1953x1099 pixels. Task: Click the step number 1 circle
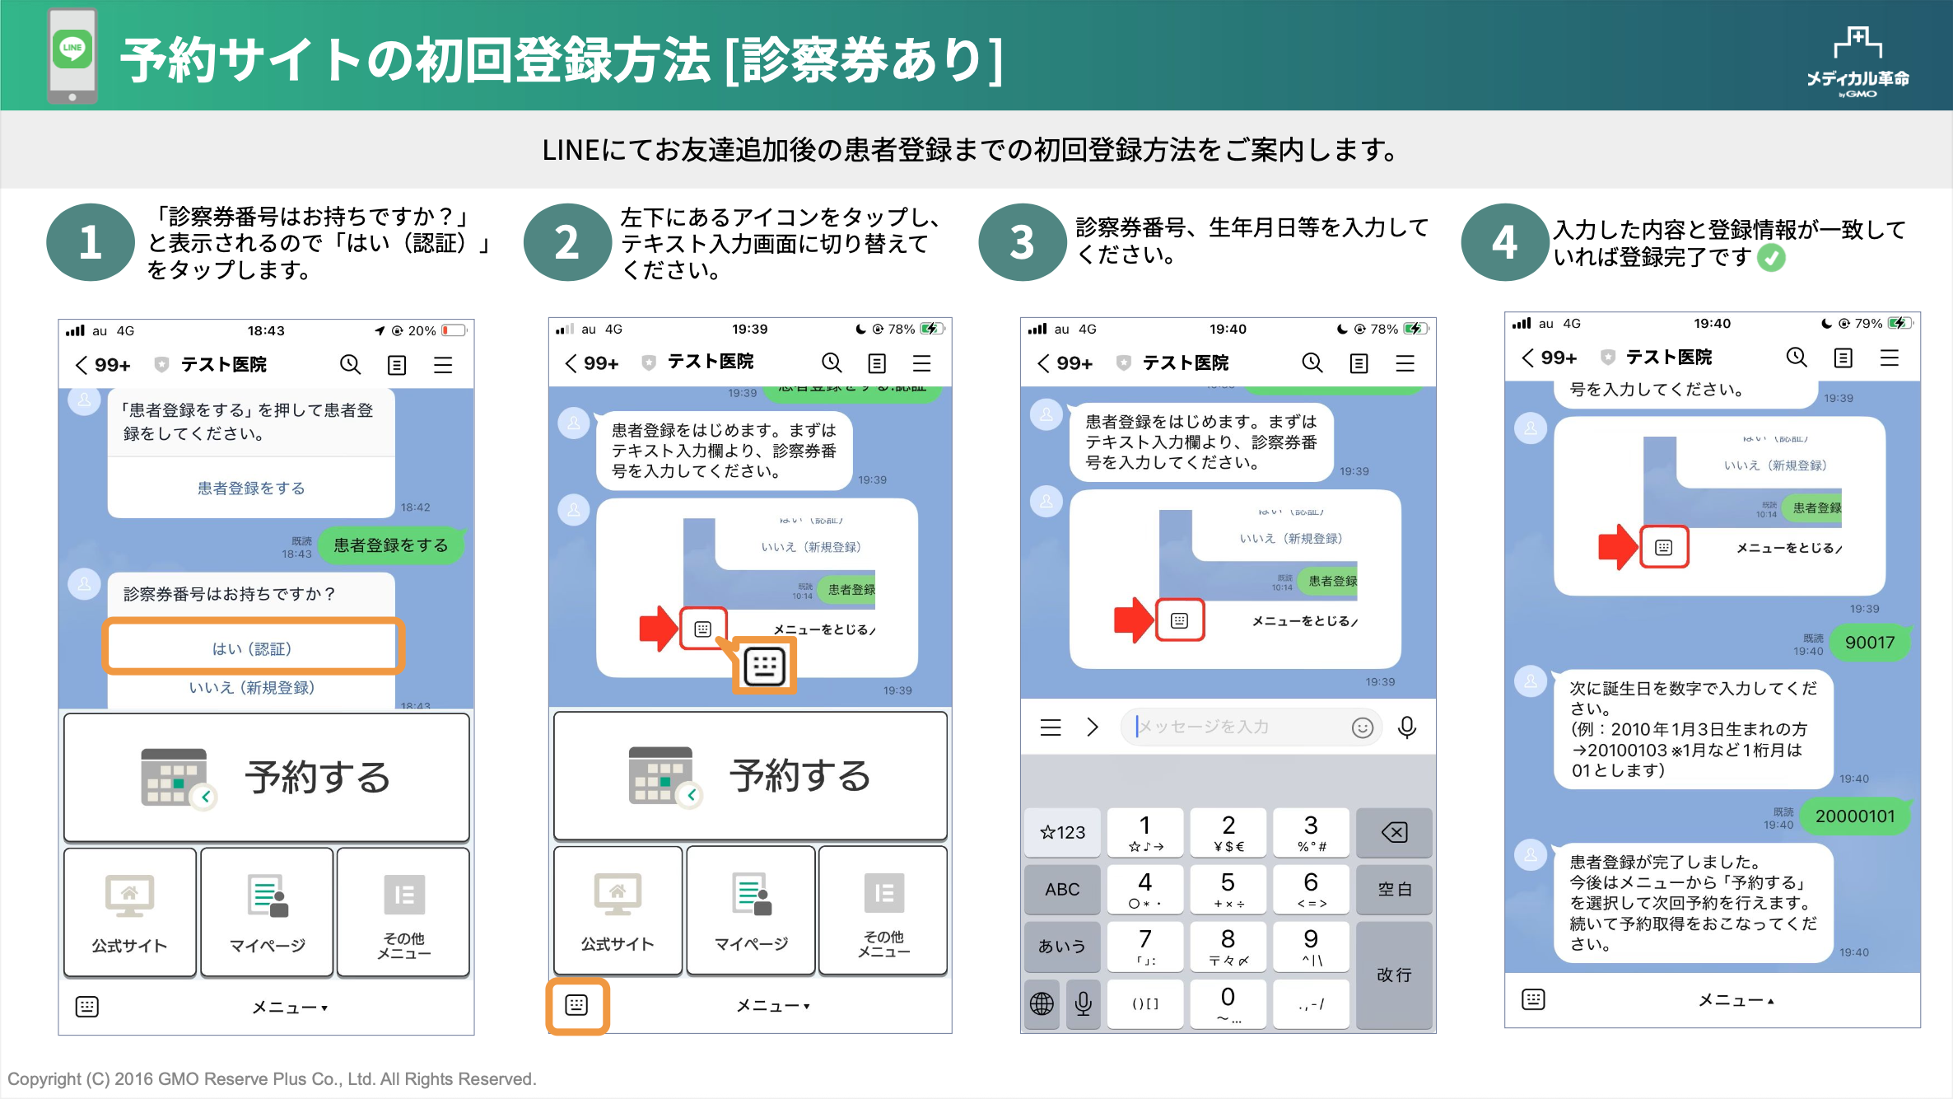(x=90, y=243)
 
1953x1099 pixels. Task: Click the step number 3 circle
(x=1022, y=243)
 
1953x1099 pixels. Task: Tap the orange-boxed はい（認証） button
(x=252, y=648)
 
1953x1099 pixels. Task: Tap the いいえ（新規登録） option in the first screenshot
(x=252, y=688)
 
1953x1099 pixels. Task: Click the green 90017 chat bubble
(x=1869, y=643)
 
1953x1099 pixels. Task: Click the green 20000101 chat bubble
(x=1854, y=816)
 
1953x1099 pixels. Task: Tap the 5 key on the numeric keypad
(x=1228, y=889)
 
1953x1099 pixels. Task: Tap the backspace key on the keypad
(x=1394, y=832)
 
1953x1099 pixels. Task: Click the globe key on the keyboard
(x=1042, y=1003)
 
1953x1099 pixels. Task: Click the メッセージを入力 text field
(x=1235, y=727)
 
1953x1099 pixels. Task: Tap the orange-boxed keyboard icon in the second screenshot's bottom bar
(x=577, y=1005)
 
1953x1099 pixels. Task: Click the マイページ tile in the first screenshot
(x=268, y=912)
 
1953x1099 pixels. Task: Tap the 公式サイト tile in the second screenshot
(x=618, y=910)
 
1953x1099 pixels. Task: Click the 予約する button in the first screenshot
(x=267, y=777)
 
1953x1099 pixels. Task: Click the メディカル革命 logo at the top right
(x=1857, y=63)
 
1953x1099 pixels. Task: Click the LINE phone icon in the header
(x=72, y=55)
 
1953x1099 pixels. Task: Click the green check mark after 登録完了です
(x=1771, y=258)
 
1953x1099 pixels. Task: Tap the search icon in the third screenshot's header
(x=1312, y=362)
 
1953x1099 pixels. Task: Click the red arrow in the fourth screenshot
(x=1617, y=547)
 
